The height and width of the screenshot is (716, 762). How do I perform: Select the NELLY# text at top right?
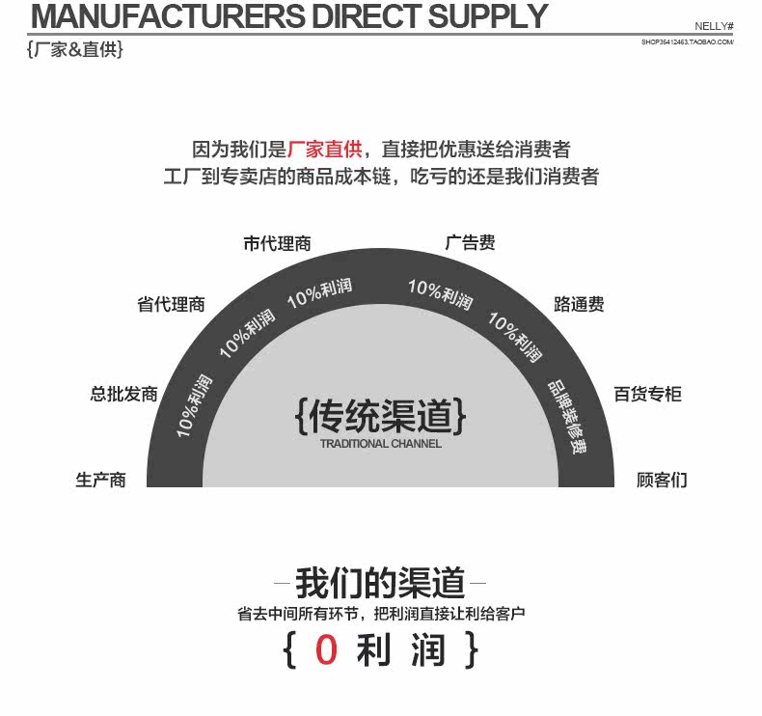715,26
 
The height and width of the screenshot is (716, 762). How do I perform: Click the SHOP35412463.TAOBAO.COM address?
687,42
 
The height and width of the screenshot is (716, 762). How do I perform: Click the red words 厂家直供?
324,150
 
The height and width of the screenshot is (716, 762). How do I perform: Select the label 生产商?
101,480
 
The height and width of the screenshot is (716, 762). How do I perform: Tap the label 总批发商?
123,394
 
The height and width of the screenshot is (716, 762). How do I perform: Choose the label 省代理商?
171,305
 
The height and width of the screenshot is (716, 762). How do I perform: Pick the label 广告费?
470,243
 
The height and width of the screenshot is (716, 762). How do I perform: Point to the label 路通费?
579,305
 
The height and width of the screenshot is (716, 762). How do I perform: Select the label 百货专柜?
647,394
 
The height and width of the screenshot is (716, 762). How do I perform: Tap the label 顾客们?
662,480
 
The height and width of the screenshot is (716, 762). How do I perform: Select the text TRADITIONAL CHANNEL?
380,444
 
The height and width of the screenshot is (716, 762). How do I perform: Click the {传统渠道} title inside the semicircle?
380,416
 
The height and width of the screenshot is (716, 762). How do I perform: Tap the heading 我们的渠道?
380,583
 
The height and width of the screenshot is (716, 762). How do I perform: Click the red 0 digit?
326,650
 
